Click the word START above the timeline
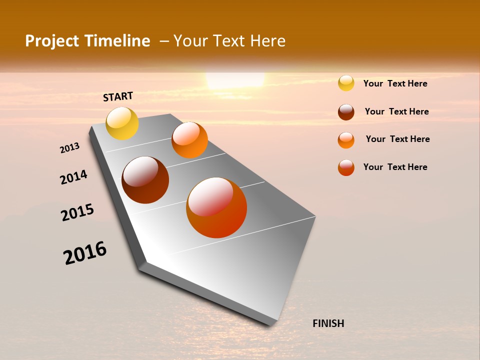(118, 96)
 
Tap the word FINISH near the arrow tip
(328, 323)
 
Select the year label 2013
(69, 148)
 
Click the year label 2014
(73, 177)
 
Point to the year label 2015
(77, 213)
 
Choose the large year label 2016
(85, 253)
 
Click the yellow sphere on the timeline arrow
(122, 123)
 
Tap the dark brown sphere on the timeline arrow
(145, 180)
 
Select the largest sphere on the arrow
(216, 207)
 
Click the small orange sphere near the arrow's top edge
(189, 140)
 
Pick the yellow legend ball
(346, 83)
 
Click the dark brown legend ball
(346, 112)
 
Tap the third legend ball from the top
(346, 140)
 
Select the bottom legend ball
(346, 167)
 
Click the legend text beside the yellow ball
(395, 83)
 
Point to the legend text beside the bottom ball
(395, 167)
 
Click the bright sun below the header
(235, 80)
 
